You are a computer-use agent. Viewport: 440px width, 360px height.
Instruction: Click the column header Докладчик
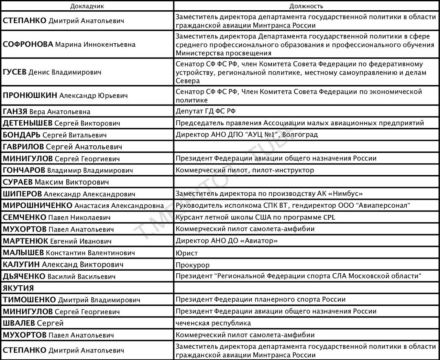(x=87, y=6)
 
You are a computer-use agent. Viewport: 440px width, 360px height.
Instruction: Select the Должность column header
(x=306, y=6)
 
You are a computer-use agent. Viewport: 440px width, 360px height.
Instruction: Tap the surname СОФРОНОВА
(x=28, y=44)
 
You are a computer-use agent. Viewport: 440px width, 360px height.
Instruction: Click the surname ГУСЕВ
(x=14, y=72)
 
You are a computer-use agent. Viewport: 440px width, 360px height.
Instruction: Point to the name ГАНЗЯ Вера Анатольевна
(x=46, y=111)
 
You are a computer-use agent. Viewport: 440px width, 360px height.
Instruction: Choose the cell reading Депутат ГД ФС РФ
(x=206, y=111)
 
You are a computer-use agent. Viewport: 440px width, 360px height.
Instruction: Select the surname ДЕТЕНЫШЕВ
(x=27, y=123)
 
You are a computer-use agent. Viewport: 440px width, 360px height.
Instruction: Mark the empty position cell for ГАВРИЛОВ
(x=306, y=147)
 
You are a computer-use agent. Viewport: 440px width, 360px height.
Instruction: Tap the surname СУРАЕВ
(x=18, y=182)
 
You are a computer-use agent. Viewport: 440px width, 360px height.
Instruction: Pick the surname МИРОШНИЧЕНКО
(x=37, y=206)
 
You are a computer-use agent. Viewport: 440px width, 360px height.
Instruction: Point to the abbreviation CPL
(x=329, y=217)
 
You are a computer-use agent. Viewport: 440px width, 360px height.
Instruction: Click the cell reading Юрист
(x=187, y=253)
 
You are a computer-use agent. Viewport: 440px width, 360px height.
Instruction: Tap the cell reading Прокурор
(x=192, y=265)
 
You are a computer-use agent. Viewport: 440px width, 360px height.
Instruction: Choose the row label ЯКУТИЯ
(x=18, y=288)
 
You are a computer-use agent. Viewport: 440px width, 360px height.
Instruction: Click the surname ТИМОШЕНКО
(x=29, y=300)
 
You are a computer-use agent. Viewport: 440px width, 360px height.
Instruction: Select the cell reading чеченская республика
(x=213, y=323)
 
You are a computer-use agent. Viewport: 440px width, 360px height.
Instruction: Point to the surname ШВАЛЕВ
(x=19, y=323)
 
